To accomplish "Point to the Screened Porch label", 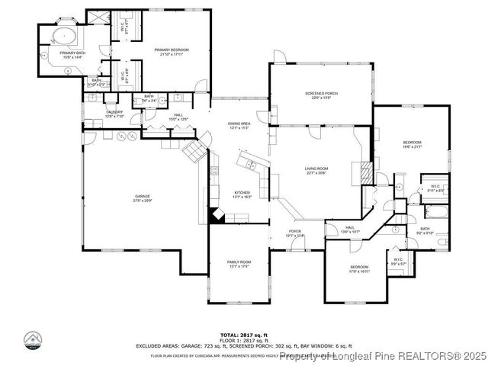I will (321, 95).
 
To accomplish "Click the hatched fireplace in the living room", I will (367, 172).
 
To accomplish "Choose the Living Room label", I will (316, 171).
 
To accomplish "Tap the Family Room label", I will (239, 265).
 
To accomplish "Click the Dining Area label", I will (239, 125).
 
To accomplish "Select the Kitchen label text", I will (242, 194).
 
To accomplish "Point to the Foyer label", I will (295, 233).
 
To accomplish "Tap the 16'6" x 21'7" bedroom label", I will (412, 144).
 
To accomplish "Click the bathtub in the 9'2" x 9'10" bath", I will (435, 211).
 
